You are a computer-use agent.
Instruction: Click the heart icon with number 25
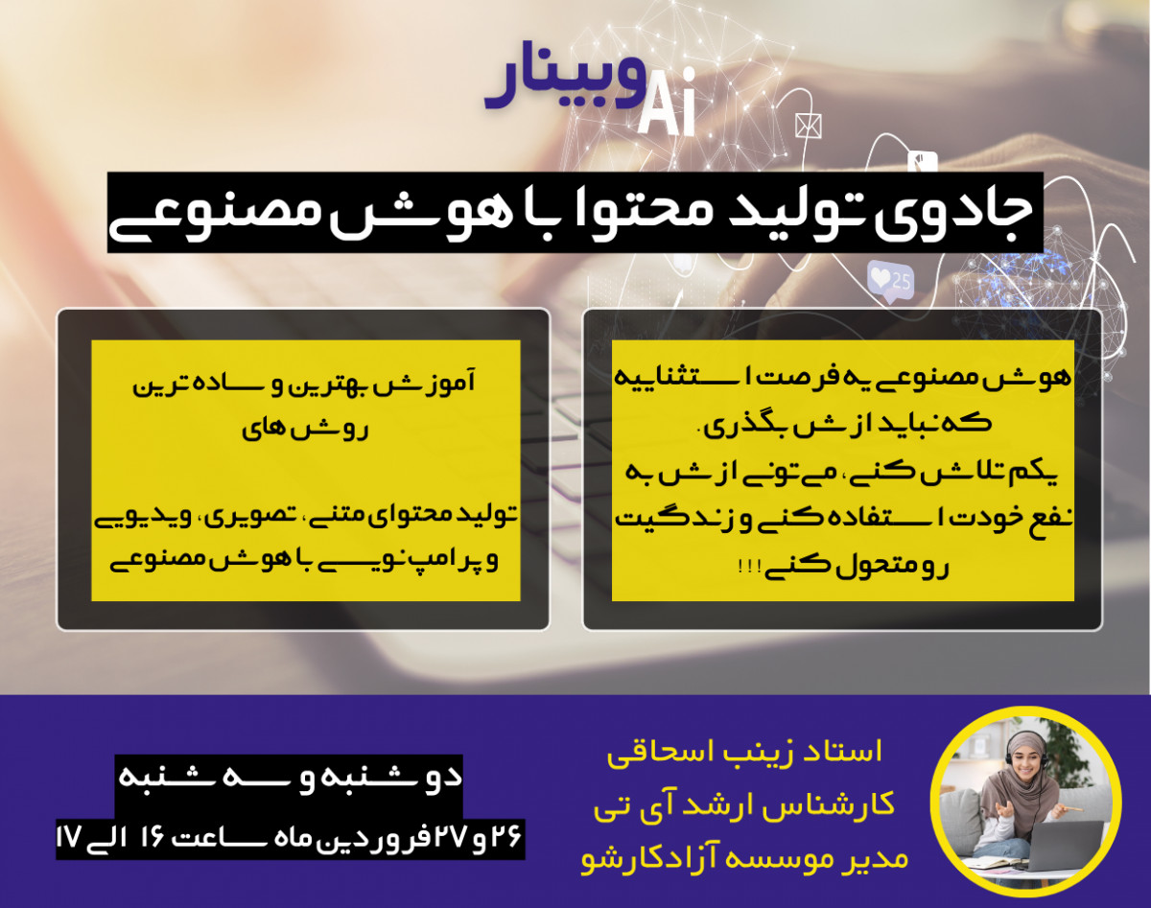[x=889, y=280]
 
